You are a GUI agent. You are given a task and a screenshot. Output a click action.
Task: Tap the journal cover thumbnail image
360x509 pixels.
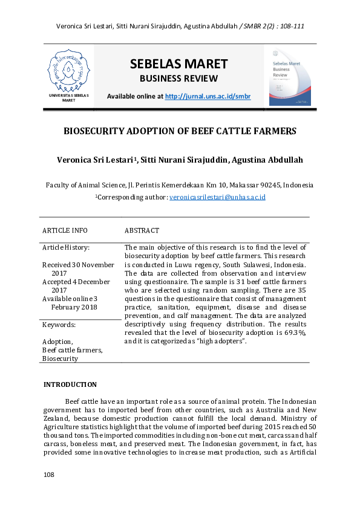[290, 77]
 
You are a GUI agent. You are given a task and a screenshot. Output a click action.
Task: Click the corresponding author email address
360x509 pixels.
[218, 197]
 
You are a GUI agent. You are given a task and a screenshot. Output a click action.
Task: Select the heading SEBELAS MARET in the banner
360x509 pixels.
[178, 64]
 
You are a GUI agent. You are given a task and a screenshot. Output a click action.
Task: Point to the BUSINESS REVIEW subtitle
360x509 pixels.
[178, 79]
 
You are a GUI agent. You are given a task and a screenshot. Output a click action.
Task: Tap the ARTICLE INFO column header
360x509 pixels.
[65, 230]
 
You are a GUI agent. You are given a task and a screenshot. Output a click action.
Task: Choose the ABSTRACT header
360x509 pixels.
[142, 230]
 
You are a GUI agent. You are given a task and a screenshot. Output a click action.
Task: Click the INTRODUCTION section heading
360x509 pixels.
[70, 384]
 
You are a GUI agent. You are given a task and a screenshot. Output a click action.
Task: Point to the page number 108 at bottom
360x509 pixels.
[49, 475]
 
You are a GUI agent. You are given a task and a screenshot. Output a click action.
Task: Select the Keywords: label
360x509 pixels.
[58, 325]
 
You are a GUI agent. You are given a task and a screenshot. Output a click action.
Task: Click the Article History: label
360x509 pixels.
[66, 248]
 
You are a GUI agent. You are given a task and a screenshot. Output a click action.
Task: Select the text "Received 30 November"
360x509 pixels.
[78, 265]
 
